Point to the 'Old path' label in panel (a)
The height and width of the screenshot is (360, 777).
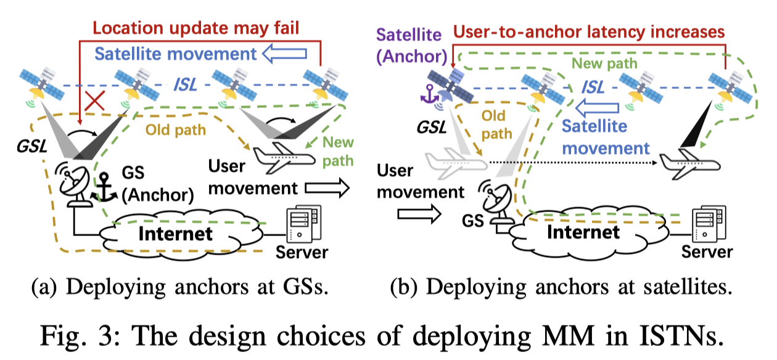(176, 131)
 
